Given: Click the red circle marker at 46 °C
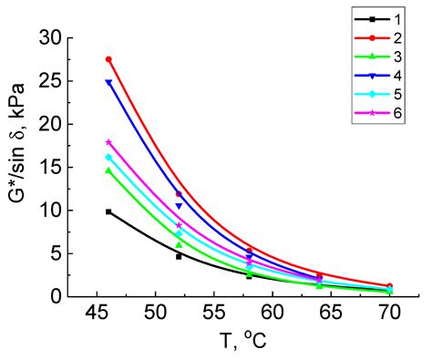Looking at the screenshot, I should [108, 59].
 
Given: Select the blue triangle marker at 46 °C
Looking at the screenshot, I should [108, 83].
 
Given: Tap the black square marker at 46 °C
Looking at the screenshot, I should [108, 211].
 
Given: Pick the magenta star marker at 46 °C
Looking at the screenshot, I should [108, 142].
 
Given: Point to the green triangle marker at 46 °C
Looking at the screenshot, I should [108, 170].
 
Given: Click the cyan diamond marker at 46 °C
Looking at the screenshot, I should [108, 157].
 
